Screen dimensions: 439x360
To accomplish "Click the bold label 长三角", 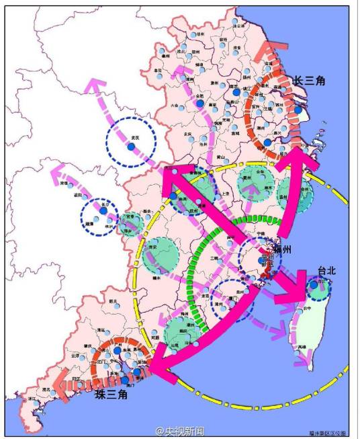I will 308,81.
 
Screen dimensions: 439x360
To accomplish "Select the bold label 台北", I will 326,272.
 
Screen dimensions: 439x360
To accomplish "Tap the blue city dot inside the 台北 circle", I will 314,286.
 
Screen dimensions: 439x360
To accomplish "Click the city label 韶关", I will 113,301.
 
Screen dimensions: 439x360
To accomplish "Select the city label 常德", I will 63,182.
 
